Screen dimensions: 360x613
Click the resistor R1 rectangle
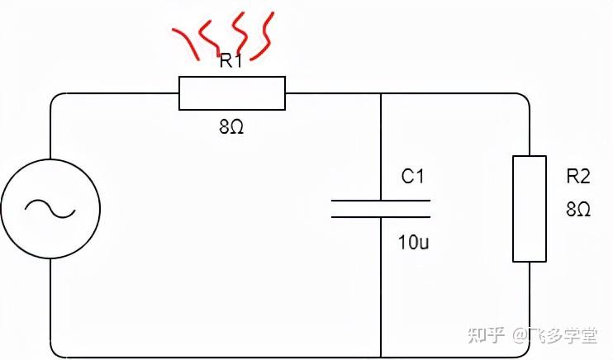click(232, 93)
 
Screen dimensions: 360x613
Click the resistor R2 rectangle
click(530, 208)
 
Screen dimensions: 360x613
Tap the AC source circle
click(50, 209)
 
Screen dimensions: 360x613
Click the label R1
click(230, 61)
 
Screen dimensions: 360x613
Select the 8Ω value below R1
click(231, 129)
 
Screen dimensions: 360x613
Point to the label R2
click(578, 176)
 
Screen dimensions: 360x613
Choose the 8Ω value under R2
click(578, 210)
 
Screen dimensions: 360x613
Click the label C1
click(413, 176)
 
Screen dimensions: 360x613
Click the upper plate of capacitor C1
click(381, 200)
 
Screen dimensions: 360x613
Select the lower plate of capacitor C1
click(381, 216)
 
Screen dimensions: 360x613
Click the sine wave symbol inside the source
click(50, 209)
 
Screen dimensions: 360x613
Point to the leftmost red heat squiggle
click(186, 41)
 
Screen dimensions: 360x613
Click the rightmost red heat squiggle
click(264, 37)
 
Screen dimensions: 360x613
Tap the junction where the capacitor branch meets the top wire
click(381, 93)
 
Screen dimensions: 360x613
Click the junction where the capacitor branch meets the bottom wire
click(381, 357)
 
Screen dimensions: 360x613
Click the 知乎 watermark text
click(487, 335)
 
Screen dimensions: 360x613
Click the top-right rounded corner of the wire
click(525, 97)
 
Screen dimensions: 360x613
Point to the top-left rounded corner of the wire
click(55, 97)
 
